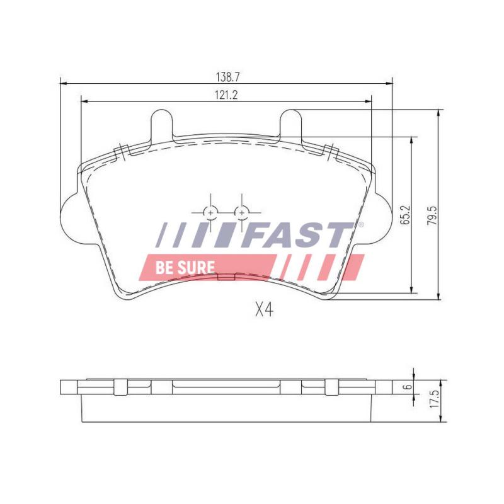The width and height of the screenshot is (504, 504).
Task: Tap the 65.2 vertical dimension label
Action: [406, 215]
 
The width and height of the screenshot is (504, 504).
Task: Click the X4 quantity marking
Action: [263, 310]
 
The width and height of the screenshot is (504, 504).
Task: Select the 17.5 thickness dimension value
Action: [433, 401]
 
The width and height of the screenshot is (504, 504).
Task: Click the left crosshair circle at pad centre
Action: [211, 212]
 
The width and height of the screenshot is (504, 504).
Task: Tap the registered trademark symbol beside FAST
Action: [360, 224]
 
